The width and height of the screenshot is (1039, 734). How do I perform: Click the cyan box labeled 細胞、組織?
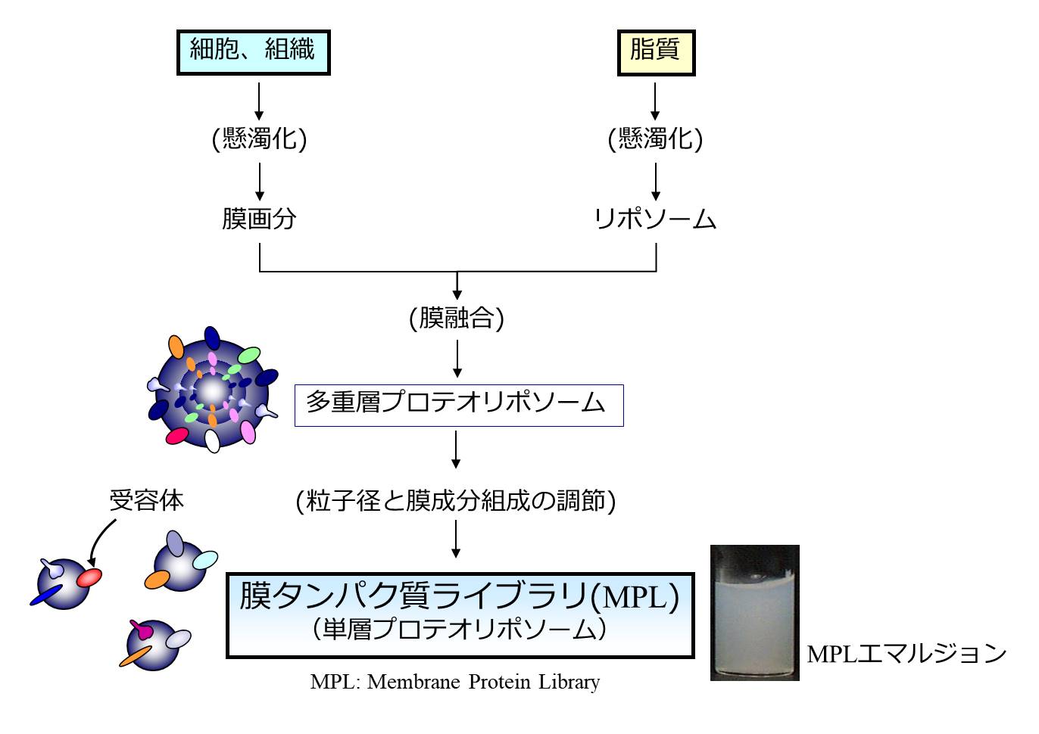pyautogui.click(x=253, y=51)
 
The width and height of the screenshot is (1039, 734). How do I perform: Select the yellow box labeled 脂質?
pyautogui.click(x=656, y=51)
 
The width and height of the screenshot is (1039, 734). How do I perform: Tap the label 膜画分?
pyautogui.click(x=259, y=219)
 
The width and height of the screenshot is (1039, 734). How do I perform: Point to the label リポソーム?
pyautogui.click(x=656, y=219)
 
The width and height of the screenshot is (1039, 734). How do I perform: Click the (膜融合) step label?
pyautogui.click(x=457, y=318)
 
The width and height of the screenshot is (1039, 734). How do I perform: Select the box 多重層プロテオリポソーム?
pyautogui.click(x=458, y=405)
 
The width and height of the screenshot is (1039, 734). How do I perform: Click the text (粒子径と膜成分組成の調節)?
pyautogui.click(x=456, y=501)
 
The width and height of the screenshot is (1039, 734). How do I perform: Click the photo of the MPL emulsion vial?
pyautogui.click(x=754, y=613)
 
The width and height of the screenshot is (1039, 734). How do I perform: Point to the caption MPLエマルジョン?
pyautogui.click(x=906, y=653)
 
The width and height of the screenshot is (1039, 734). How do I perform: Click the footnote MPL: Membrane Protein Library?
pyautogui.click(x=455, y=682)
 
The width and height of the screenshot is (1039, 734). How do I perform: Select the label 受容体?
pyautogui.click(x=146, y=500)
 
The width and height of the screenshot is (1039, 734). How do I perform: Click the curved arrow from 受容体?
pyautogui.click(x=100, y=540)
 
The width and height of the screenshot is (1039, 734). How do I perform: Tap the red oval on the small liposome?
pyautogui.click(x=89, y=577)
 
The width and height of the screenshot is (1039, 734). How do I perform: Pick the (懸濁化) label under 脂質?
pyautogui.click(x=656, y=138)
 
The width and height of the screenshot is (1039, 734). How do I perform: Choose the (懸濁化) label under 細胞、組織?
pyautogui.click(x=259, y=138)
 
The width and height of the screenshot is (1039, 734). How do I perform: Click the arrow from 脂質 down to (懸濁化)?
pyautogui.click(x=656, y=101)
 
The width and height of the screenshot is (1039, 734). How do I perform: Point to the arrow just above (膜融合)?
pyautogui.click(x=457, y=286)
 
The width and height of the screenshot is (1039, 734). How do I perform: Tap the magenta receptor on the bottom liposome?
pyautogui.click(x=141, y=627)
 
